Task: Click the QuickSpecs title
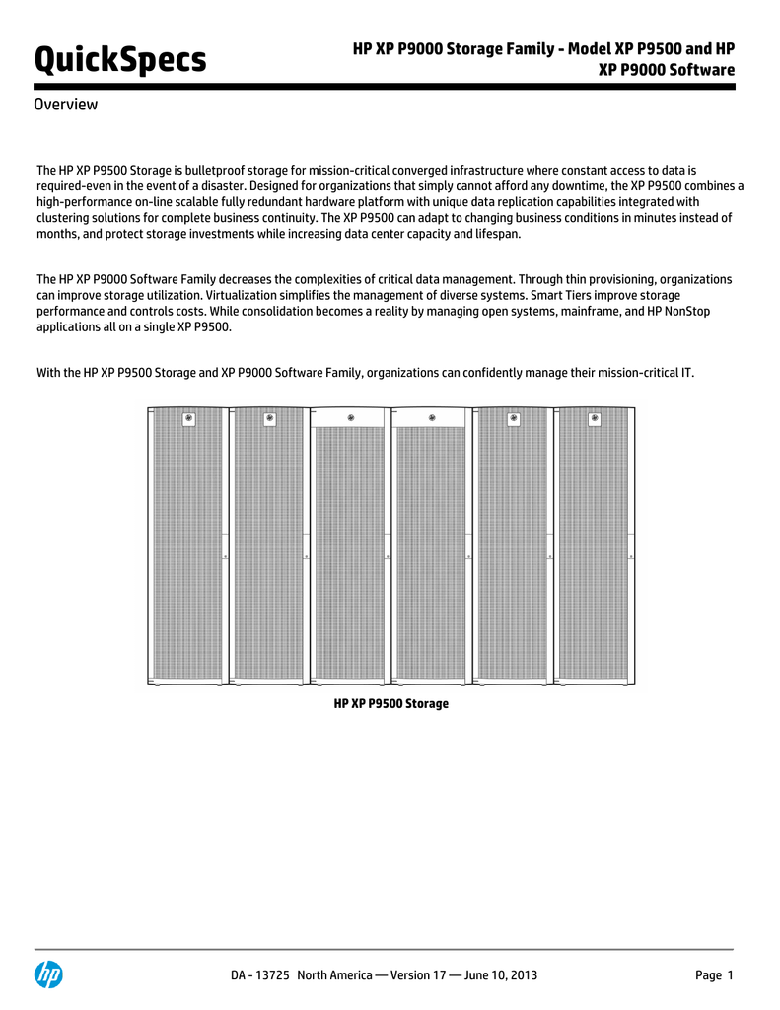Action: (x=121, y=60)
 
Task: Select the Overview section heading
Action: (x=66, y=105)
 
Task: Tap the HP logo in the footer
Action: (x=48, y=974)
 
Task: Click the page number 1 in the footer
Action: (x=731, y=975)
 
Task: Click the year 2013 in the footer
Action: (x=522, y=975)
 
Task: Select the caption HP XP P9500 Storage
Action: (x=391, y=703)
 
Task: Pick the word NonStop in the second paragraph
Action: (x=687, y=311)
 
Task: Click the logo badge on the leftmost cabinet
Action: (x=187, y=419)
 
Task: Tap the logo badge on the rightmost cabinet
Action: (x=595, y=419)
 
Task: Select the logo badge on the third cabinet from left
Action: (x=350, y=416)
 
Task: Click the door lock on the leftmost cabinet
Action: (x=224, y=556)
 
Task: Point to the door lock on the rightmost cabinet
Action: (x=631, y=556)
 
